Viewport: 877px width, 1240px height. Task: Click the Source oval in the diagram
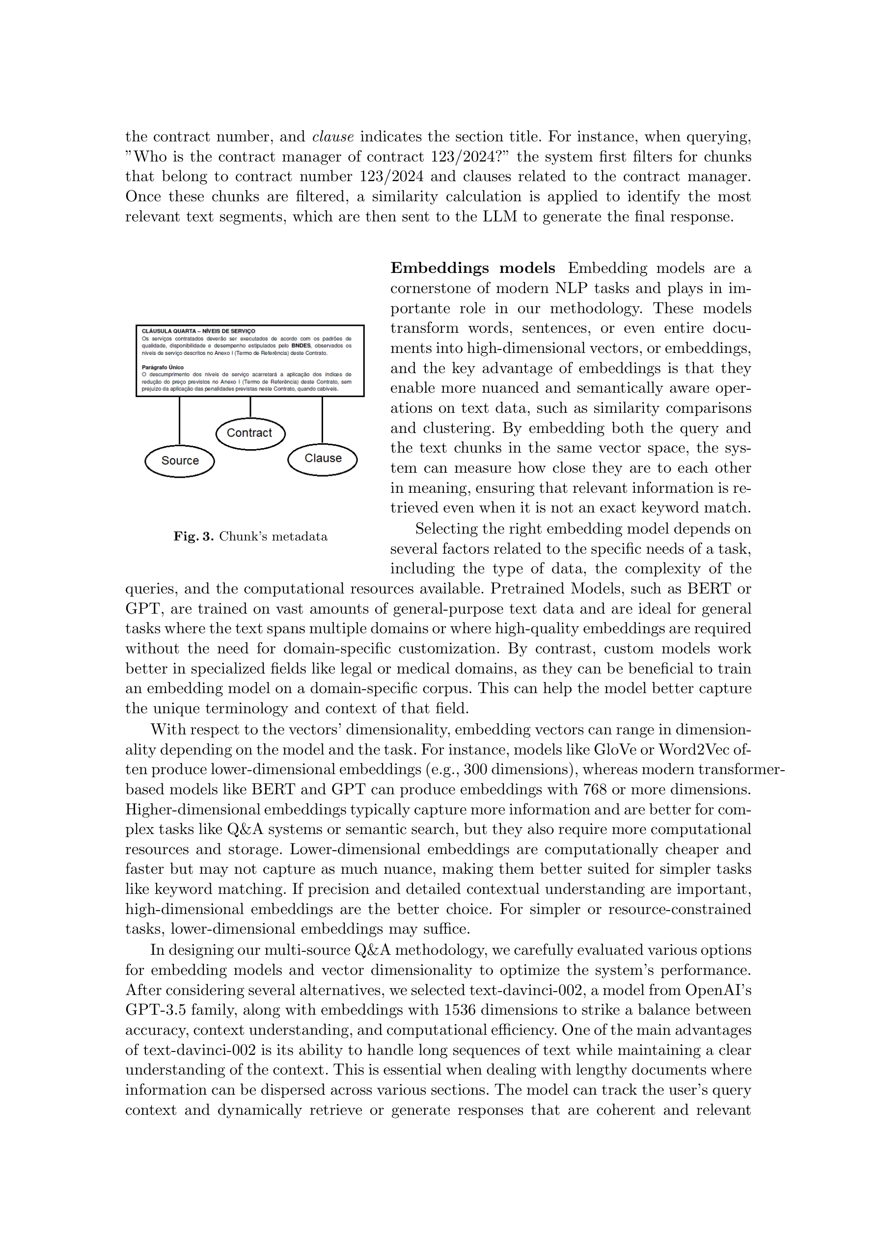point(180,460)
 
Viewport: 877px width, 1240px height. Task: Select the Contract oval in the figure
point(249,432)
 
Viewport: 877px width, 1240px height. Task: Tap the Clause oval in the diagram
point(323,458)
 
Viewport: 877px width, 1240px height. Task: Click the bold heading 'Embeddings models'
point(472,269)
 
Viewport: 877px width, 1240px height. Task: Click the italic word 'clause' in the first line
point(333,136)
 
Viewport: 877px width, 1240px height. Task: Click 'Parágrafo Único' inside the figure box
point(162,367)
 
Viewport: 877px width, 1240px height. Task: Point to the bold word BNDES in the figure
point(301,345)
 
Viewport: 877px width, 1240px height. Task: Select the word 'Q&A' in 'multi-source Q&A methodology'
point(372,950)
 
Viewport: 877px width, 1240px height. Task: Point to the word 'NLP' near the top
point(573,288)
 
